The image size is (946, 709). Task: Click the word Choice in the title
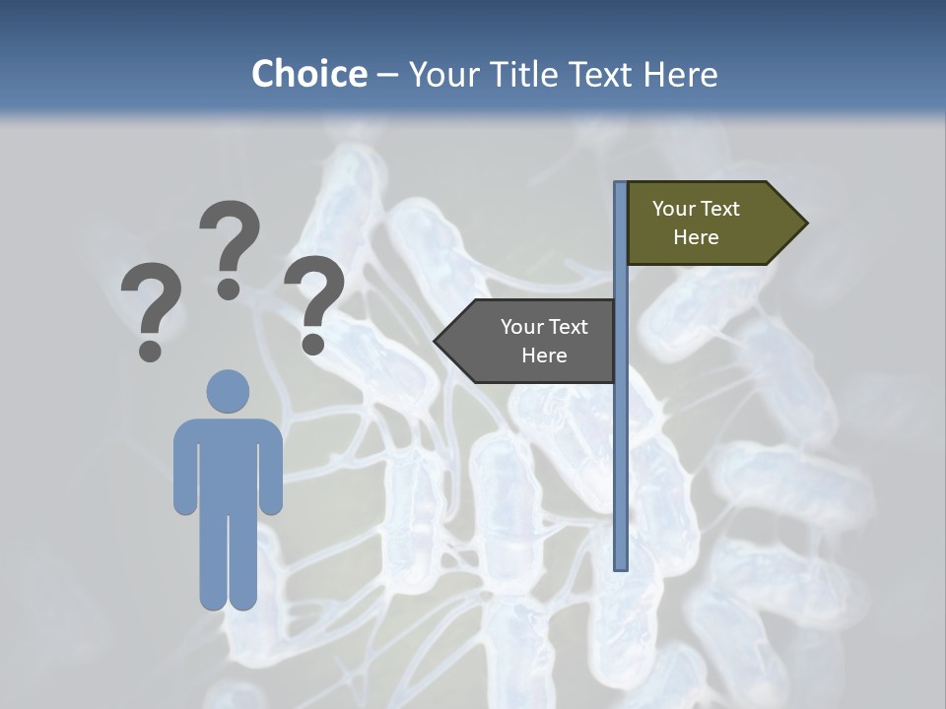[308, 74]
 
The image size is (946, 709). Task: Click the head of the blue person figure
[228, 391]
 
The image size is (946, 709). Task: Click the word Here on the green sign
[696, 237]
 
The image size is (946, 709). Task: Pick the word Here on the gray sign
[544, 355]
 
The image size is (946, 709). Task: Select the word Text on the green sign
[721, 209]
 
